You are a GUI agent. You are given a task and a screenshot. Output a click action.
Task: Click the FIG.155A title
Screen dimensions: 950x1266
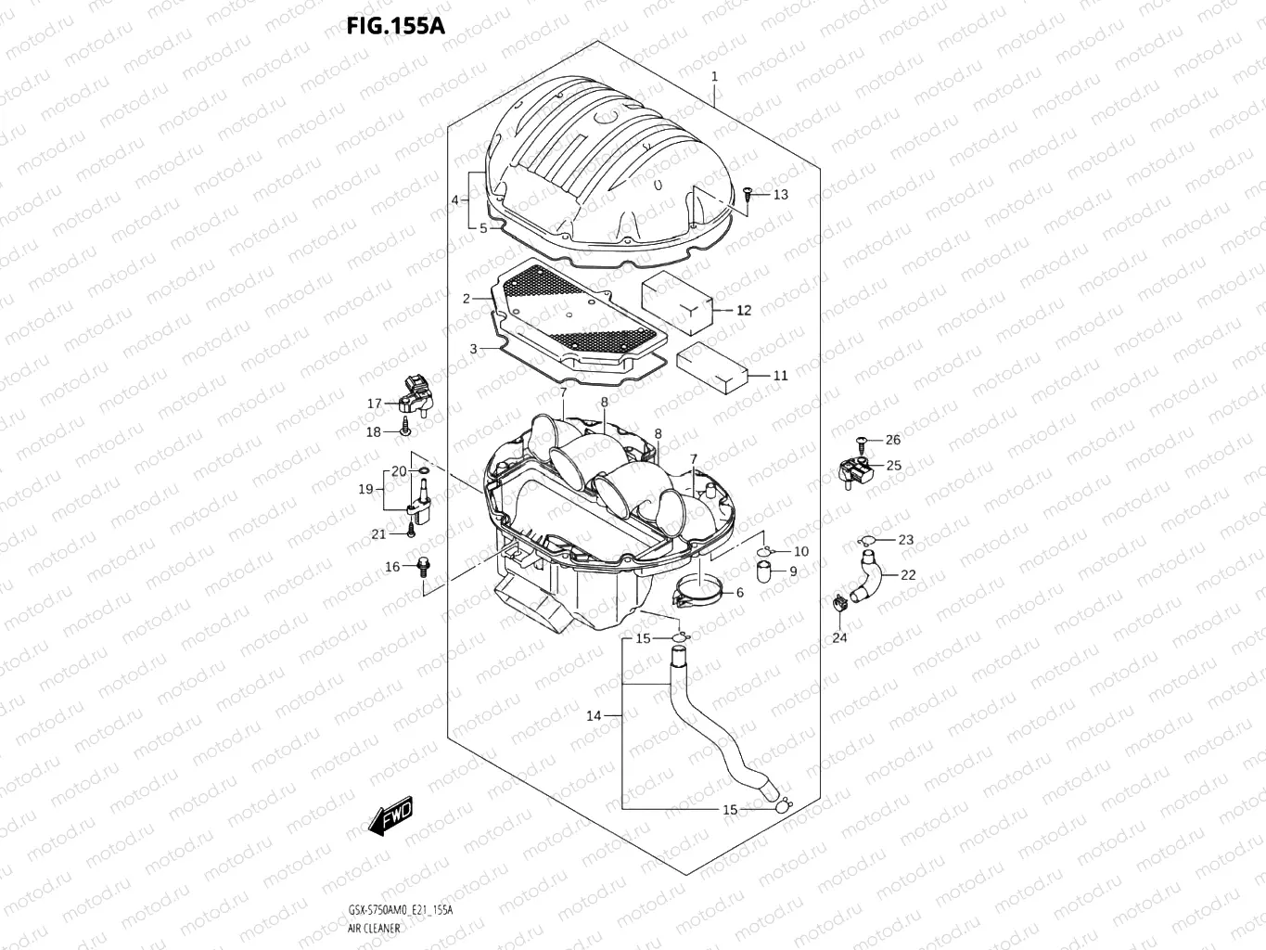(395, 25)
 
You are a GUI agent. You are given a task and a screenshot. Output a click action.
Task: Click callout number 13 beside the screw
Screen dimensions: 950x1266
(780, 195)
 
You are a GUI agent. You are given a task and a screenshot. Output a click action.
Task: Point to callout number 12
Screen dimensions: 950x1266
(744, 311)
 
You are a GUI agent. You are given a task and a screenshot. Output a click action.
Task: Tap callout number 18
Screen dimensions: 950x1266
(373, 432)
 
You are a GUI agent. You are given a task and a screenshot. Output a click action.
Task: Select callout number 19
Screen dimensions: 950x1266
(365, 489)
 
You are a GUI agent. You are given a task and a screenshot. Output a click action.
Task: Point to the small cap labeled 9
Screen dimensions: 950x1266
(766, 571)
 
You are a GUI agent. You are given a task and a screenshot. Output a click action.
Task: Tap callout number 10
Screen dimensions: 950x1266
(800, 551)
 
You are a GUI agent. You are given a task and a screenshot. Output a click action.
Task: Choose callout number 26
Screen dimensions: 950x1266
(892, 440)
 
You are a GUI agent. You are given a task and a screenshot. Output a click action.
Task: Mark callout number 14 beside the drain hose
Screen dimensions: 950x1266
(594, 715)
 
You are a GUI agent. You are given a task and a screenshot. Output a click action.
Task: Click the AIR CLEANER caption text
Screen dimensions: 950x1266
(375, 928)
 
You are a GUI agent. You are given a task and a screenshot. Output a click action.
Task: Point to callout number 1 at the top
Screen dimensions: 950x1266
(714, 76)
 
